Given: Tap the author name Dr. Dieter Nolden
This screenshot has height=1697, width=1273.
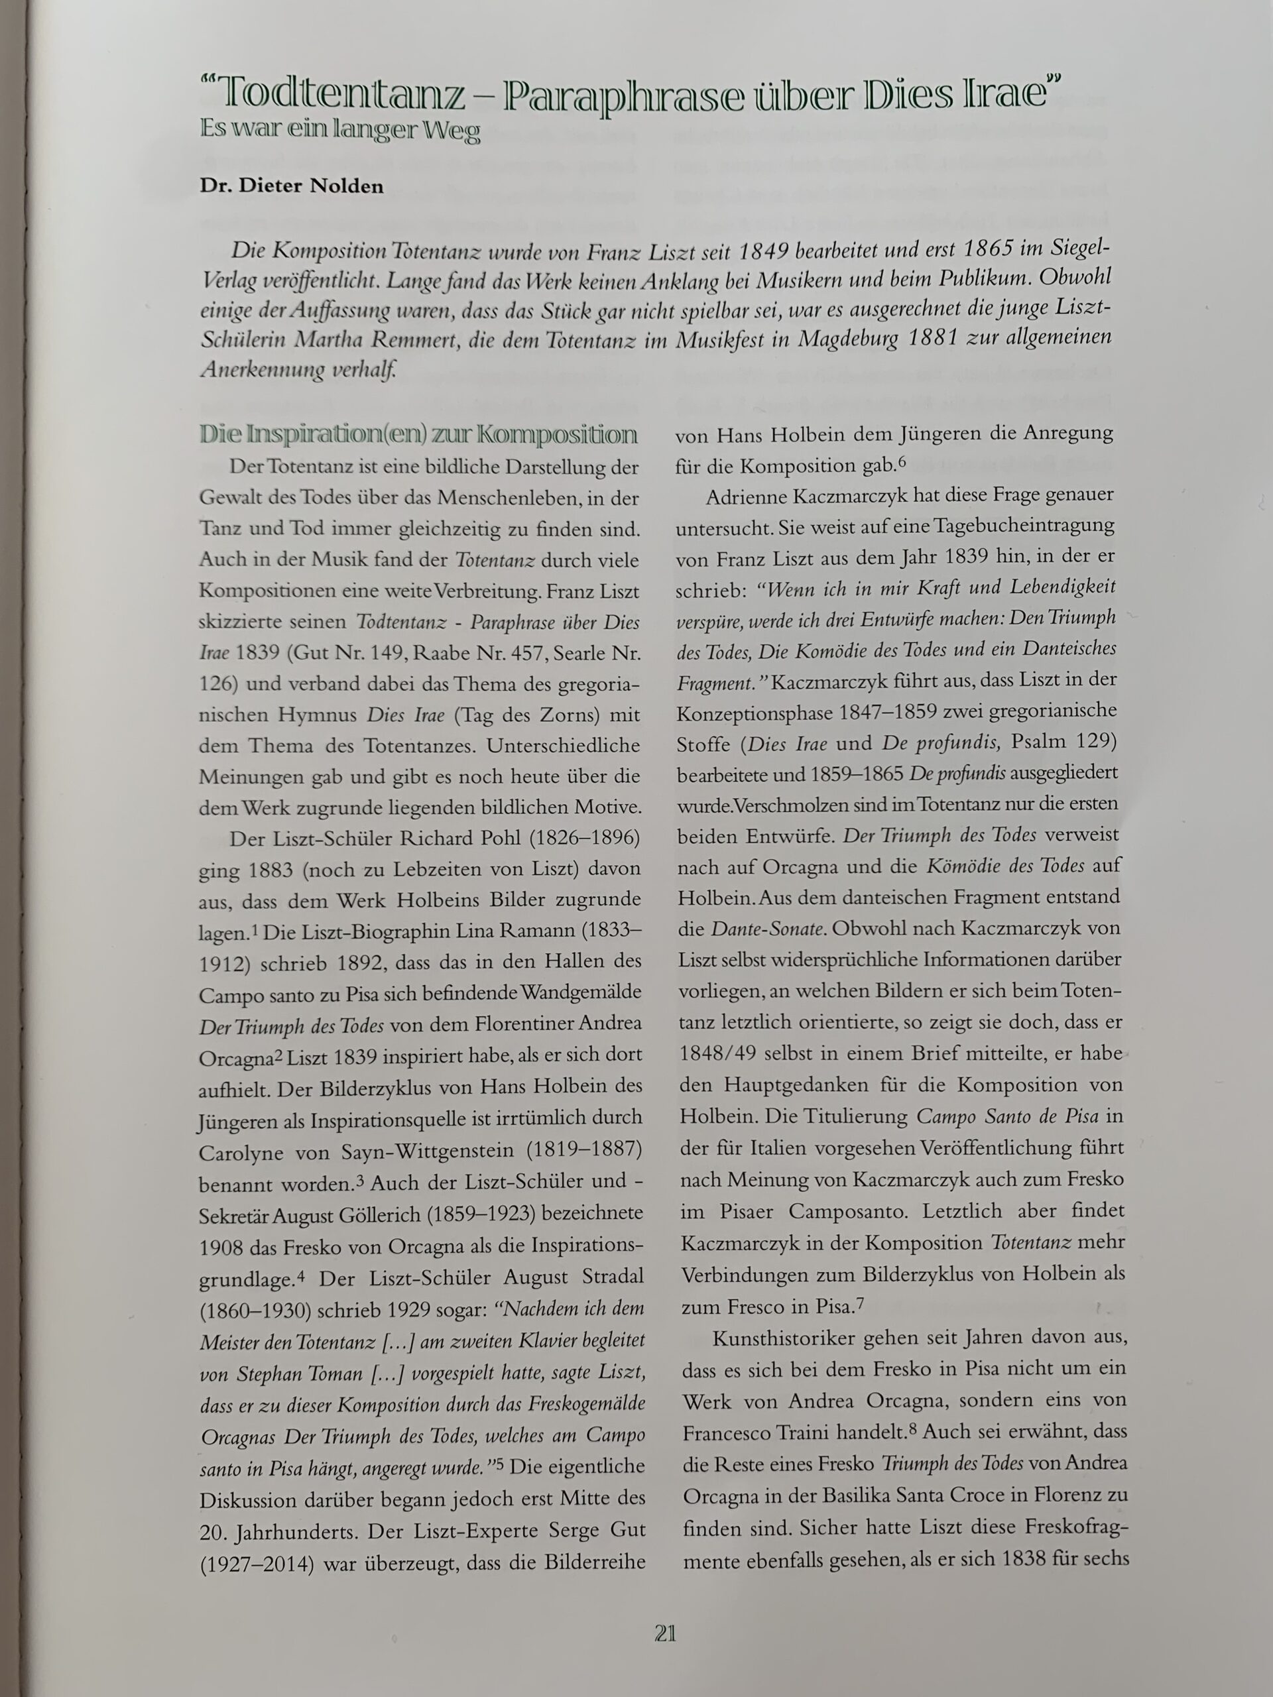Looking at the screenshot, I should pyautogui.click(x=292, y=186).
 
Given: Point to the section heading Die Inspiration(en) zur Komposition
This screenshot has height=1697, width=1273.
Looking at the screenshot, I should pyautogui.click(x=418, y=435).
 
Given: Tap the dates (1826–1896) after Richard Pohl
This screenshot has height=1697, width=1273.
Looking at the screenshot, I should pyautogui.click(x=584, y=838).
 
